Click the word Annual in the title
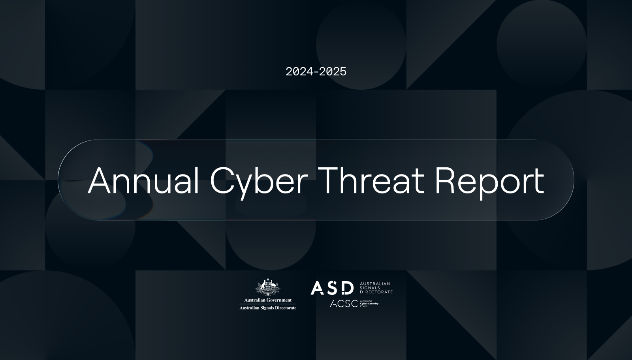click(x=144, y=180)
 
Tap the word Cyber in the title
click(x=259, y=183)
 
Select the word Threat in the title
click(x=372, y=180)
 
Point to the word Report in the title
click(x=489, y=183)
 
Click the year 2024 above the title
click(x=299, y=71)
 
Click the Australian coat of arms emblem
click(x=268, y=287)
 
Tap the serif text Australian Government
click(x=268, y=300)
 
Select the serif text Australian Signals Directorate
click(x=268, y=308)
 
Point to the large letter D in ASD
click(x=347, y=288)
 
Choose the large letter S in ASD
click(x=332, y=288)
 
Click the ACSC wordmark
click(x=344, y=304)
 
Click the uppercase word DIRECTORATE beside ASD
click(x=376, y=292)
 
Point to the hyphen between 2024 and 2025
click(x=316, y=72)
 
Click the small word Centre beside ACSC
click(x=364, y=306)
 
